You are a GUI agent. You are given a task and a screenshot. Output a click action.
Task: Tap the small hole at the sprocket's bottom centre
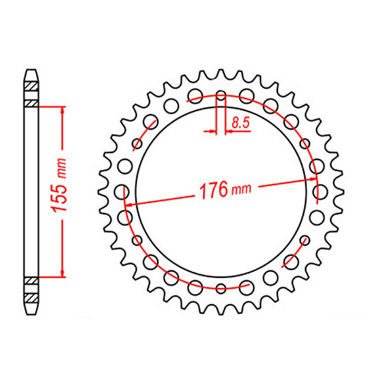tap(221, 288)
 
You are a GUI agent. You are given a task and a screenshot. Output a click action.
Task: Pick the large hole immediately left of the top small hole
tap(195, 98)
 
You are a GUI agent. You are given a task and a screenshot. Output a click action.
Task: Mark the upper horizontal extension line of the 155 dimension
tap(50, 106)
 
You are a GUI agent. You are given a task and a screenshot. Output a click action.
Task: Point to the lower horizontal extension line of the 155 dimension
tap(50, 277)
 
